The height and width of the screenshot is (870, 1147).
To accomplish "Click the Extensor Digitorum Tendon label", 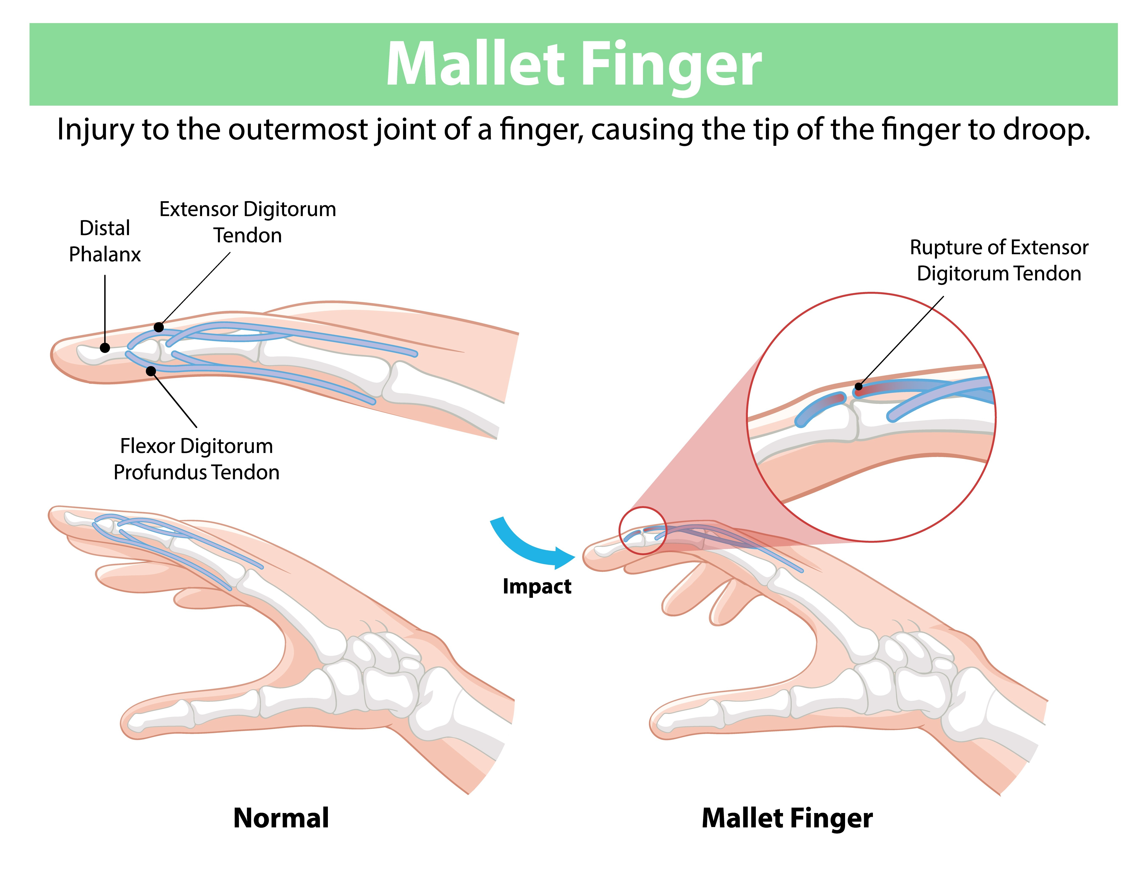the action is coord(248,222).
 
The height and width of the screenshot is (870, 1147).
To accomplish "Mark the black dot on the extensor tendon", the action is coord(159,327).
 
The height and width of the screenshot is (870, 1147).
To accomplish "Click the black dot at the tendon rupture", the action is coord(859,386).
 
